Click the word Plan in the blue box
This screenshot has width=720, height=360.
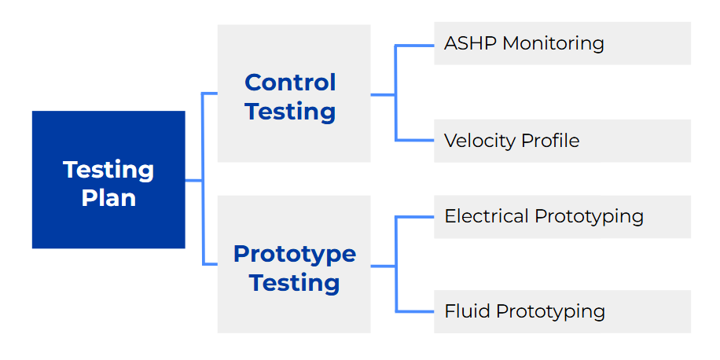coord(108,198)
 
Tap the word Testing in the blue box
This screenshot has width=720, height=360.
coord(108,171)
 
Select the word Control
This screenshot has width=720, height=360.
coord(290,83)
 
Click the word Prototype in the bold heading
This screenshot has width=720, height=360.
coord(295,255)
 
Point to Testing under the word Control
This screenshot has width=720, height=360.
coord(290,112)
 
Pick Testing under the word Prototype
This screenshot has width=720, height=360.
coord(295,282)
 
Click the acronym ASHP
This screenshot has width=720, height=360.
coord(470,43)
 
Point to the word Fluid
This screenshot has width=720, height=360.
coord(468,311)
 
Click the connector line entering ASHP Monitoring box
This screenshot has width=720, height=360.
coord(415,46)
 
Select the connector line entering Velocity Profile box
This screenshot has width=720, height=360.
coord(415,140)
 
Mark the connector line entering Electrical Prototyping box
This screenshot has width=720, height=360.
coord(415,217)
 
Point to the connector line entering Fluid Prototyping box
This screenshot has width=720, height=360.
coord(415,311)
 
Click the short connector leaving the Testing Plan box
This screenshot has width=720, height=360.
coord(194,181)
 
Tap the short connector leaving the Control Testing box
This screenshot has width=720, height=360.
coord(383,95)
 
